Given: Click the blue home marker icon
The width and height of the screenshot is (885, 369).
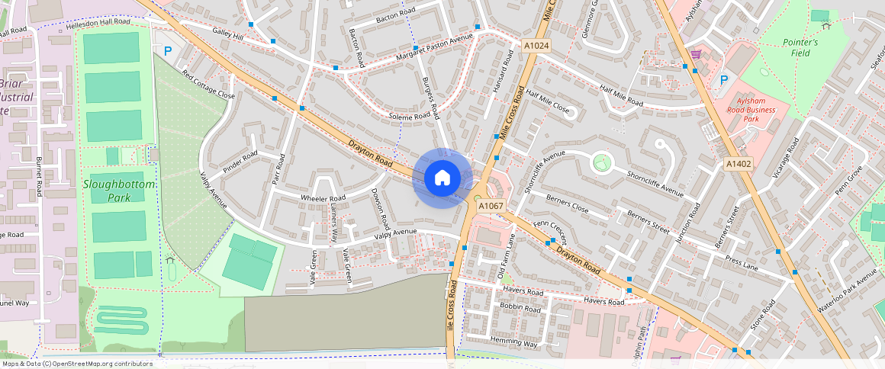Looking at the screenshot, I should [x=442, y=178].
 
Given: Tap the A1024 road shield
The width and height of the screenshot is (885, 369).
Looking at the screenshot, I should [x=536, y=47].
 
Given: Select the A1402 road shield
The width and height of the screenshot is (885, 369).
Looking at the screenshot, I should [x=738, y=164].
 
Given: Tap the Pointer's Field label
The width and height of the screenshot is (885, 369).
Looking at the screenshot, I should [x=800, y=47].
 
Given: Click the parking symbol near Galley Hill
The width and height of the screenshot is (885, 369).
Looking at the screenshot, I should [x=167, y=51].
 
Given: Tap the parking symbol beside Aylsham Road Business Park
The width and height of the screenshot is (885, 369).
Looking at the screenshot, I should [x=724, y=79].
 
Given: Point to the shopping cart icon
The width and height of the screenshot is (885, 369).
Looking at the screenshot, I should [x=696, y=54].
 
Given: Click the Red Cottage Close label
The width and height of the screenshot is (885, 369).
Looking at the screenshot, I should [x=208, y=85].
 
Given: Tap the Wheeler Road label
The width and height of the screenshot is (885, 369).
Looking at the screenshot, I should [x=323, y=198].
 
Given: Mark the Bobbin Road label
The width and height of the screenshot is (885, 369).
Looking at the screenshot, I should [x=520, y=310].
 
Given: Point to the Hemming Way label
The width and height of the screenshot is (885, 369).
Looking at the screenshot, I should [x=514, y=343].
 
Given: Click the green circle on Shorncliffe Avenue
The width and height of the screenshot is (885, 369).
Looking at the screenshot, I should [x=602, y=162].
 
